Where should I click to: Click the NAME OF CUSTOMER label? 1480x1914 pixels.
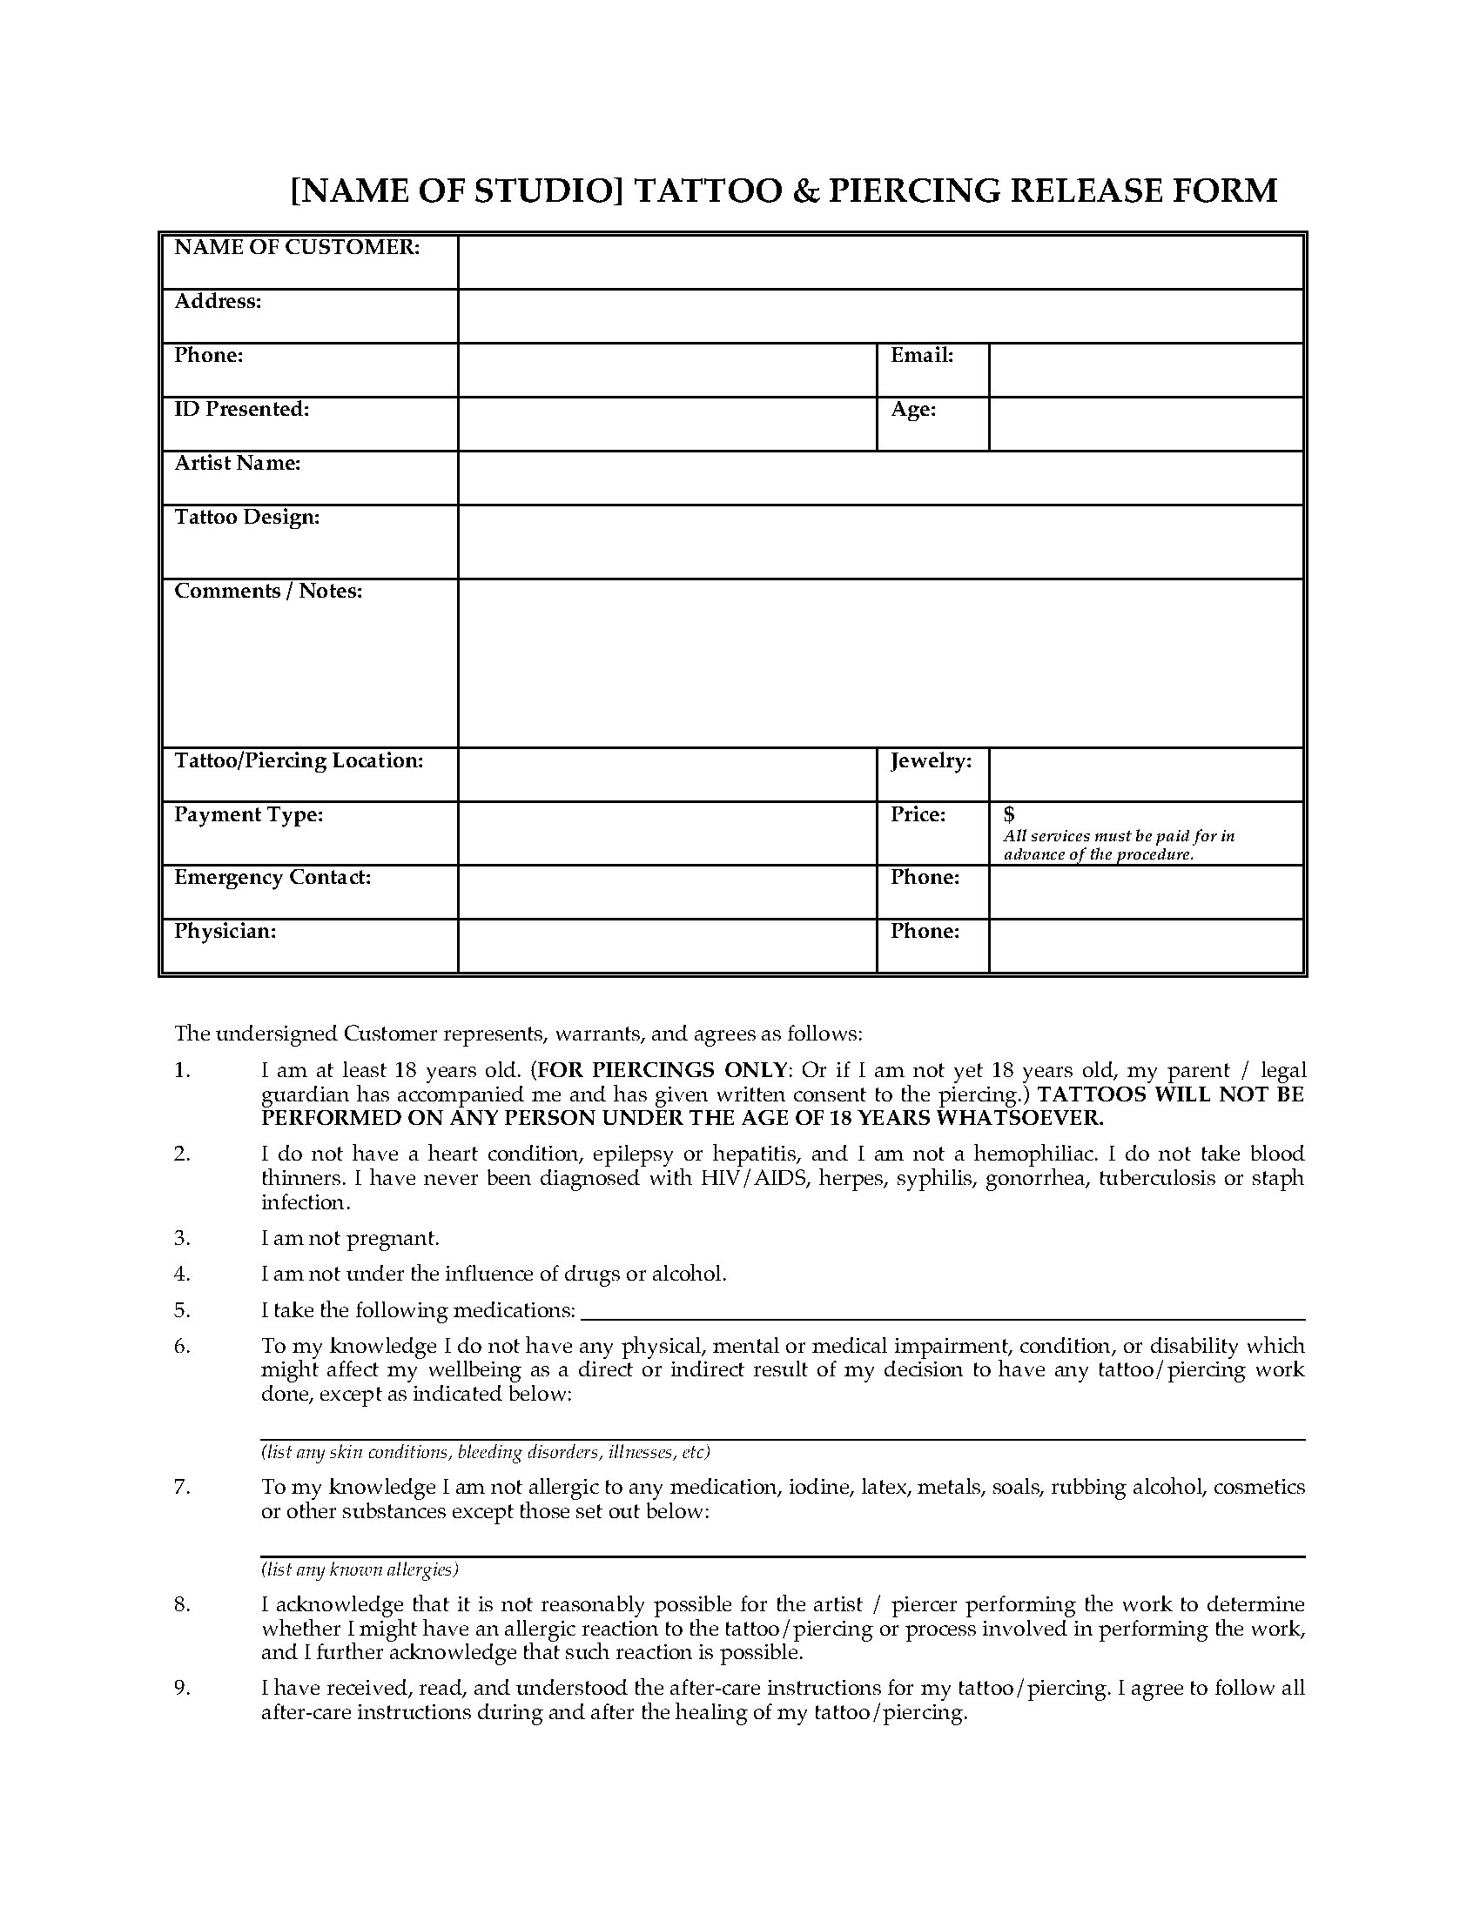297,248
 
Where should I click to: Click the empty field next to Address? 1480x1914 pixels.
879,317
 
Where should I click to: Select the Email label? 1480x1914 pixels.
921,356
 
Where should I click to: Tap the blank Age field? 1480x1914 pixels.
1145,425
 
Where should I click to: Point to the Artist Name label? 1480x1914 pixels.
238,464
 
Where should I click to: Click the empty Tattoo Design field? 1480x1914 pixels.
879,542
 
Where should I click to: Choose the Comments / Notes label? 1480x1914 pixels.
268,592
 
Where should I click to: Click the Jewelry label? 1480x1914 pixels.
932,761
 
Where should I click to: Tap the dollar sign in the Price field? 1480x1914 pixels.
1009,815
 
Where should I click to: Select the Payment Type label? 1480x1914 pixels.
249,815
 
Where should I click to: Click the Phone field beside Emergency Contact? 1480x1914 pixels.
1145,892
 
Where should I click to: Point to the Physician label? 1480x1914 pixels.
225,932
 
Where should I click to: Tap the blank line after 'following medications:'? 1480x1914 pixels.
943,1312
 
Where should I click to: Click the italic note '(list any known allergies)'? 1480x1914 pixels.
360,1569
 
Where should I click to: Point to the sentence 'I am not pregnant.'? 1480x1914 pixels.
350,1238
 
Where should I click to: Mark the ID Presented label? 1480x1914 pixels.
242,410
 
